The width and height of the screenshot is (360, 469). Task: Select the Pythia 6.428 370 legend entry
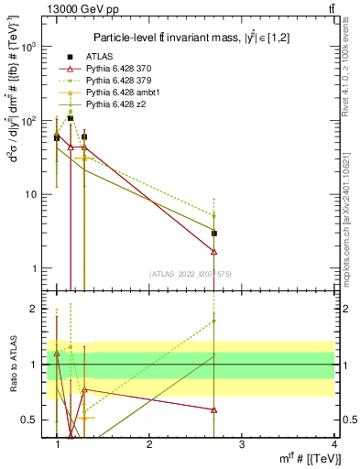[x=114, y=69]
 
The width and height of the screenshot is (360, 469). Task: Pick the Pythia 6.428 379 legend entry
[x=114, y=82]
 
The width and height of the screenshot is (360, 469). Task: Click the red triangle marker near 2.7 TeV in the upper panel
[x=213, y=251]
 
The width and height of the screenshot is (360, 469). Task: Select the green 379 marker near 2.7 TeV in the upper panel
[x=213, y=216]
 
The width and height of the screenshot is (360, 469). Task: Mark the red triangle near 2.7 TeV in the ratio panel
[x=213, y=409]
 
